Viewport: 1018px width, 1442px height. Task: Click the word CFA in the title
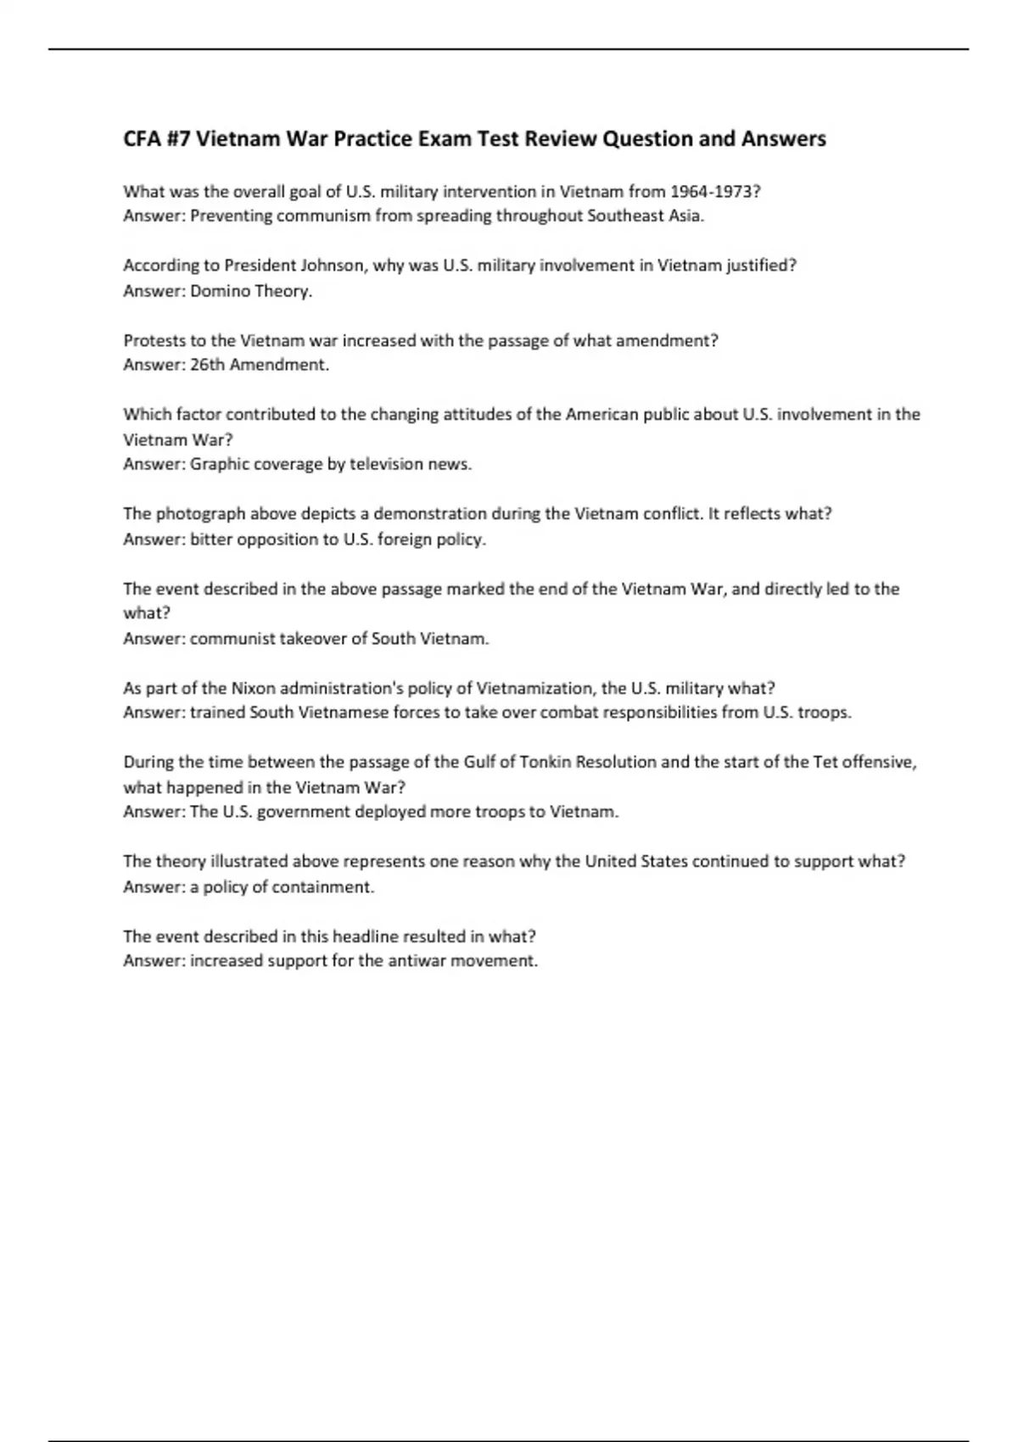point(141,138)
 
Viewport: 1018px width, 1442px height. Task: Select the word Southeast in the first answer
point(625,215)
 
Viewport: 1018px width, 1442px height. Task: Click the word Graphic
point(218,464)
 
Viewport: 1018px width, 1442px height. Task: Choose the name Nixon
point(253,688)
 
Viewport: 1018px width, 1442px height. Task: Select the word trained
point(217,713)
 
